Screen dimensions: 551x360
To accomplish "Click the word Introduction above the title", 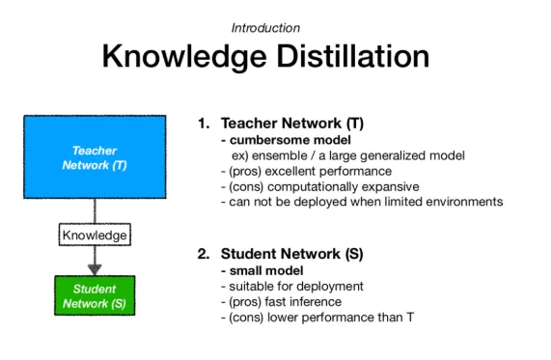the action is click(265, 28).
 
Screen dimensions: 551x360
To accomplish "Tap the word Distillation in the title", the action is click(353, 56).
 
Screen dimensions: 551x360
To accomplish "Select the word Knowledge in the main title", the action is click(184, 57).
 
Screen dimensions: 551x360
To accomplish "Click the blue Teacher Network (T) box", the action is click(95, 156).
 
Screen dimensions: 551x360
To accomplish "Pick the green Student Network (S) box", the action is click(95, 295).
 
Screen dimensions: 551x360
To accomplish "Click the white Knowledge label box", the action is click(95, 235).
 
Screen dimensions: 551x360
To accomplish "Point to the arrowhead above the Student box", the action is click(95, 269).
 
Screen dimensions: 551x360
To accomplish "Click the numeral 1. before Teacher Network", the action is click(204, 124).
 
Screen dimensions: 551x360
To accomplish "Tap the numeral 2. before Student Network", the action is click(204, 254).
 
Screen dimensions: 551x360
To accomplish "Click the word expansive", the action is click(391, 187).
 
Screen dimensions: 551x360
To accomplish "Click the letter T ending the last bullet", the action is click(410, 318).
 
